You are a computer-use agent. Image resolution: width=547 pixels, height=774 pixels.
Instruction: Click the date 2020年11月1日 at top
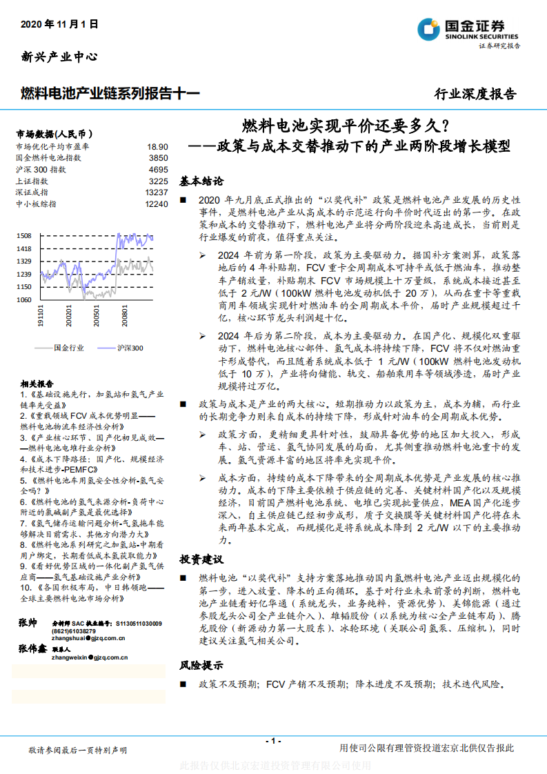[x=60, y=23]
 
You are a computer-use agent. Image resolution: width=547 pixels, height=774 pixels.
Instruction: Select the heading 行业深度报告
[x=475, y=94]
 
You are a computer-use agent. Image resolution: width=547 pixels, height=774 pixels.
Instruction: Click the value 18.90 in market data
[x=157, y=147]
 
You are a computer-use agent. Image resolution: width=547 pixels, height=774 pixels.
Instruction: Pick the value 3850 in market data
[x=158, y=158]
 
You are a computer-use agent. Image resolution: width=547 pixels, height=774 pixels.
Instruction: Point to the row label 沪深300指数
[x=41, y=169]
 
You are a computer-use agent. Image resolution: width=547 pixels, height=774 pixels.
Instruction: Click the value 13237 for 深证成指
[x=157, y=192]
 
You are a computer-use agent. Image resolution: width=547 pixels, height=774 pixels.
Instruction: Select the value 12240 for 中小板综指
[x=157, y=204]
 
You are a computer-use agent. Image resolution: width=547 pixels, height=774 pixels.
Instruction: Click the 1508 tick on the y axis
[x=24, y=235]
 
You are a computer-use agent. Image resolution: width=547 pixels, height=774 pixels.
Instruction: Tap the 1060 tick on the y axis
[x=24, y=299]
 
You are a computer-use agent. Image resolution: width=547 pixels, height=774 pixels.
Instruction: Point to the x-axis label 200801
[x=125, y=318]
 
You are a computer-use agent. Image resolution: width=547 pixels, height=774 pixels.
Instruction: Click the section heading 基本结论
[x=201, y=181]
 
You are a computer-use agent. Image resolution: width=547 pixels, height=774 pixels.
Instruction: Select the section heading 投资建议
[x=201, y=558]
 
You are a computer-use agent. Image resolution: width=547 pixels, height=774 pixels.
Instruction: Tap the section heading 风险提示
[x=201, y=665]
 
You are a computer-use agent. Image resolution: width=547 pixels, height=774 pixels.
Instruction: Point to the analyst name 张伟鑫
[x=32, y=649]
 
